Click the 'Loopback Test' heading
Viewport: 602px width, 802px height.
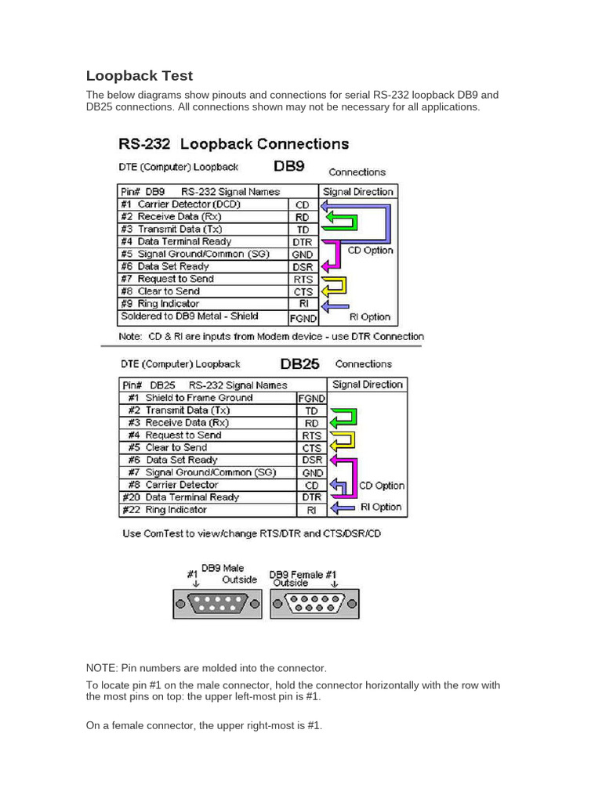click(139, 76)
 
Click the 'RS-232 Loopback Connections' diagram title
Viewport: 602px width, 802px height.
click(234, 144)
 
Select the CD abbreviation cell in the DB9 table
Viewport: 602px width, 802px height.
click(303, 204)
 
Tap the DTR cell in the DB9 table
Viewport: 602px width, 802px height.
click(303, 242)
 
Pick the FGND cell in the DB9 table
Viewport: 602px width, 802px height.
click(303, 318)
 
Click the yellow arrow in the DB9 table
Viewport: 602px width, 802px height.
click(335, 286)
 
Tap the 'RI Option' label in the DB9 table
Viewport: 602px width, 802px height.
click(368, 317)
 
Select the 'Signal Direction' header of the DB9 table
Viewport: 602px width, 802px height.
click(358, 191)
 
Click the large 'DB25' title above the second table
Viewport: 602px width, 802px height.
click(299, 363)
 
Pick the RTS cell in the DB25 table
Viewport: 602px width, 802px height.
click(311, 435)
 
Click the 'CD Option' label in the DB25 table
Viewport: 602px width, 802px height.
click(383, 486)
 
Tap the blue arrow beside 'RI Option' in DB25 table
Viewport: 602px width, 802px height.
click(344, 508)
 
